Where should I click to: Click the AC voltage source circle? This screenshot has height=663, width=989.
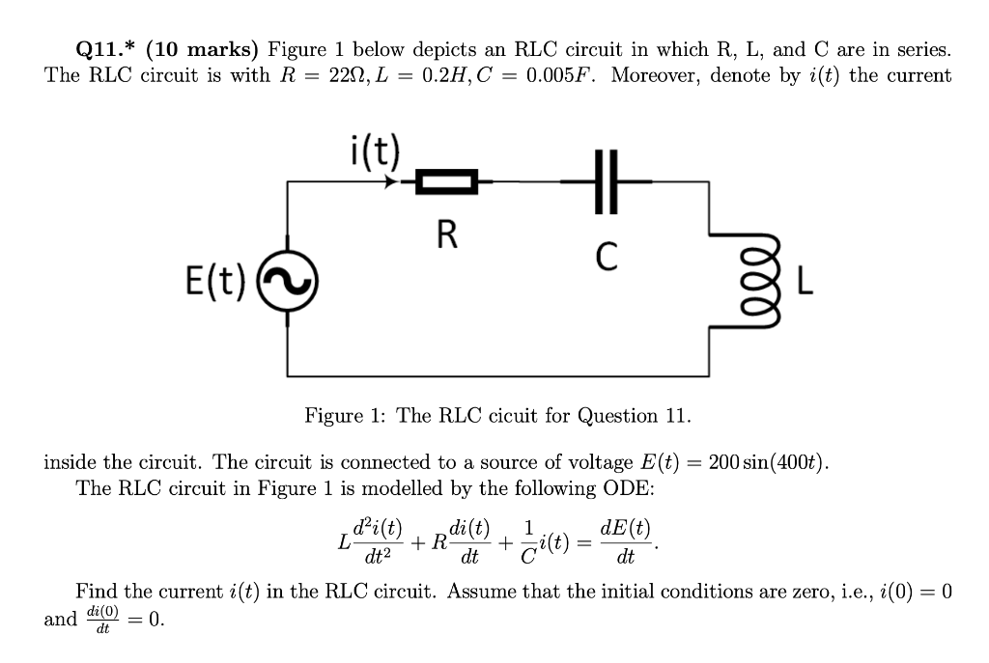(287, 280)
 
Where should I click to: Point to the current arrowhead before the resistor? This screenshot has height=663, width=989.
(392, 180)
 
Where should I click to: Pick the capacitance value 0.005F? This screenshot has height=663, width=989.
(559, 75)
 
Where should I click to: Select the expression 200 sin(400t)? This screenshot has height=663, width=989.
(768, 461)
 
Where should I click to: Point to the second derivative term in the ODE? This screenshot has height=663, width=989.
(370, 542)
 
